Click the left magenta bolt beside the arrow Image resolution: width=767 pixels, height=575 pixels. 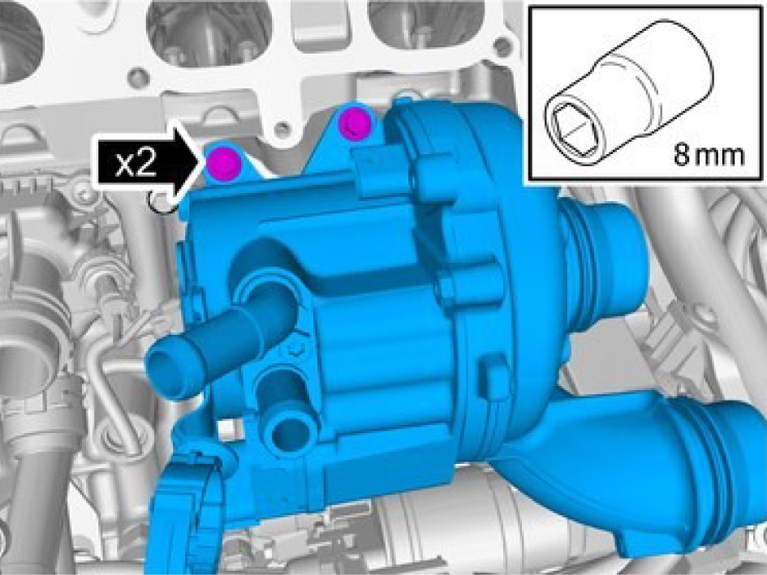tap(223, 162)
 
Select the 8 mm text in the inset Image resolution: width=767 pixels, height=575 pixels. tap(709, 155)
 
